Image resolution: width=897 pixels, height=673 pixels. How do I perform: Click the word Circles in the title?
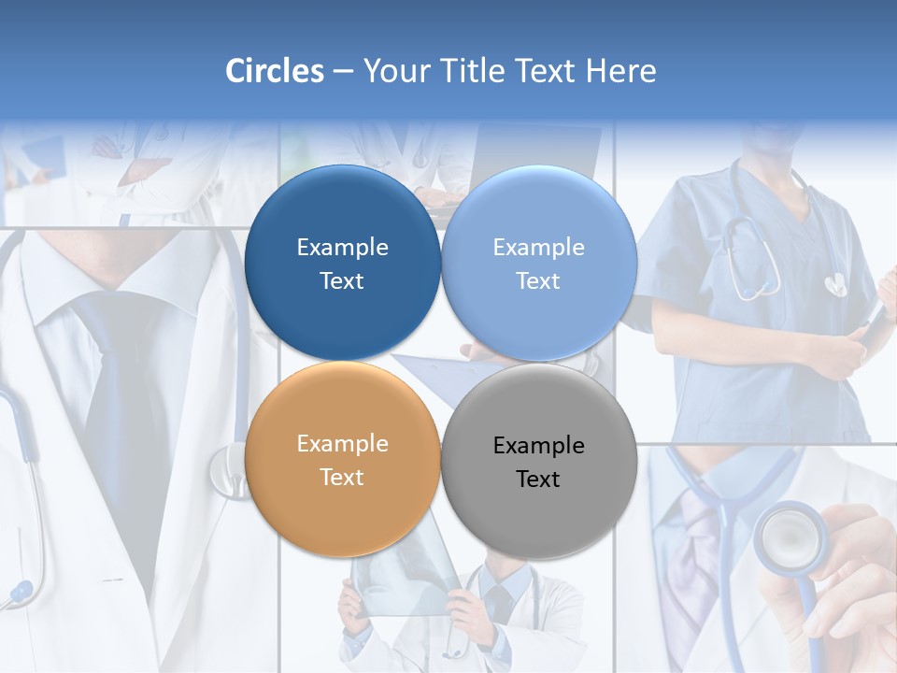274,71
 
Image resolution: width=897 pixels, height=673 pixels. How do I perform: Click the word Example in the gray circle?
539,446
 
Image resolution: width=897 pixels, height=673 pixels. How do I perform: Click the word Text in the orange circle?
342,478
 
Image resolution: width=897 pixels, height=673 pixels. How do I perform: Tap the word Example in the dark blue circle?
342,248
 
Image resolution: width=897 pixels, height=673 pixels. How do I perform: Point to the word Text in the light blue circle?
539,281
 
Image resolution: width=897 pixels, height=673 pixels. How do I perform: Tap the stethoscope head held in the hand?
790,537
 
